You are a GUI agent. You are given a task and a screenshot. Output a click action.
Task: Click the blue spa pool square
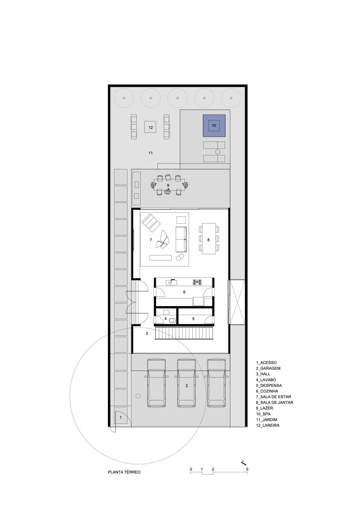(x=214, y=125)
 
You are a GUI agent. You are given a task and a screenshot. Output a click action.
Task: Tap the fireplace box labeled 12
(x=150, y=127)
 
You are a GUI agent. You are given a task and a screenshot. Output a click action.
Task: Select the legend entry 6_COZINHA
(x=267, y=391)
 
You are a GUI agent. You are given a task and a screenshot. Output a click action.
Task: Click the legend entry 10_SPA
(x=263, y=414)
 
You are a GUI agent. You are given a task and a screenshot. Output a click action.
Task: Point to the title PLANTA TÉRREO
(x=124, y=472)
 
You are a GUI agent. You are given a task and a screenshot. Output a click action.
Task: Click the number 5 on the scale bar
(x=247, y=469)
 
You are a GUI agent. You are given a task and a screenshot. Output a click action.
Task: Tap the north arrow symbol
(x=244, y=462)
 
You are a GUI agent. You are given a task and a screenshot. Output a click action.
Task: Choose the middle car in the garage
(x=186, y=383)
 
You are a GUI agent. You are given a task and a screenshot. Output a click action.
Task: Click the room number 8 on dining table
(x=208, y=240)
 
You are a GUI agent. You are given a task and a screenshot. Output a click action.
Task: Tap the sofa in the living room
(x=181, y=239)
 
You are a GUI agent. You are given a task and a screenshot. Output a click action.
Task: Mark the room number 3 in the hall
(x=147, y=334)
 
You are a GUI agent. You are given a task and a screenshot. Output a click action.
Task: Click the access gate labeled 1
(x=121, y=418)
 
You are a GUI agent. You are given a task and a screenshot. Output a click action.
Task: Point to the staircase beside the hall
(x=184, y=333)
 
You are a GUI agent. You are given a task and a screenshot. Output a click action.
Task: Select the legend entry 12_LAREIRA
(x=267, y=425)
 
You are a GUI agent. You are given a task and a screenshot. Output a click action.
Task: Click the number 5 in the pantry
(x=193, y=319)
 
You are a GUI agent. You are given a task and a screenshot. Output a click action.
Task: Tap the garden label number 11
(x=150, y=153)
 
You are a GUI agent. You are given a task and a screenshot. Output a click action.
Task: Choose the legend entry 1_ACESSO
(x=266, y=363)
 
